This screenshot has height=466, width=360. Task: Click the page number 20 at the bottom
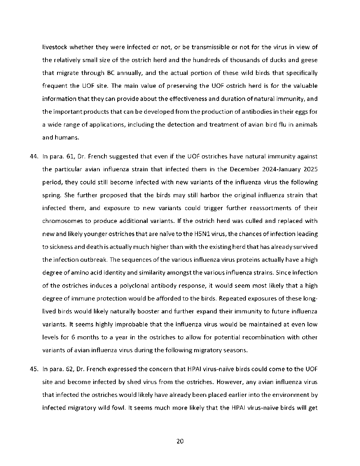click(180, 441)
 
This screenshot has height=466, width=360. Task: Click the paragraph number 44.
click(34, 156)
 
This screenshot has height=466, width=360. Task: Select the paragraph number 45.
click(34, 369)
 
